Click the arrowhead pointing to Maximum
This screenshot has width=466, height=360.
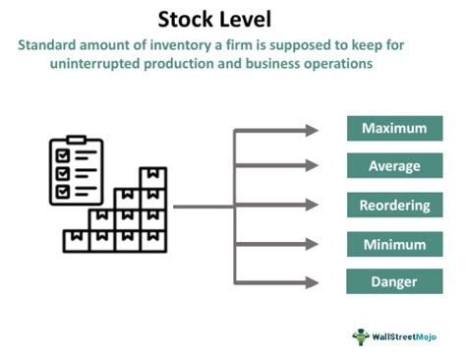tap(313, 130)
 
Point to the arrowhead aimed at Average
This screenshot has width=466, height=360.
tap(313, 168)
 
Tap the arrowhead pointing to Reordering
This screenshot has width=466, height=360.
tap(313, 207)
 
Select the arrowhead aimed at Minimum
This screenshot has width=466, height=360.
tap(313, 246)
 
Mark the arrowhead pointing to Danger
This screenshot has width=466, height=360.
tap(313, 283)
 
